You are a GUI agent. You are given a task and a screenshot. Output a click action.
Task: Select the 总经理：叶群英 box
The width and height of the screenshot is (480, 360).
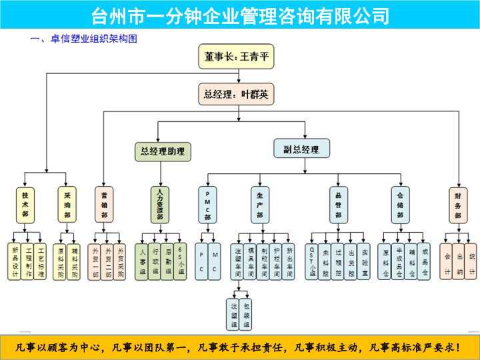point(236,94)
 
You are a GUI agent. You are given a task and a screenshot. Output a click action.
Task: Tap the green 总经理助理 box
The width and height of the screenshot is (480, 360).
point(163,151)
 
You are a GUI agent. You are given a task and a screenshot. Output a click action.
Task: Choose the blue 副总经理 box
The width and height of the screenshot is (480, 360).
point(301,149)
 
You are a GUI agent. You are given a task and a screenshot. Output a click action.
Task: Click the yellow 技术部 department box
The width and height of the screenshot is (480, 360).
point(25,205)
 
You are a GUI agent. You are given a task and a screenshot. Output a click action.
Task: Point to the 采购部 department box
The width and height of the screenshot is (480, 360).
point(67,205)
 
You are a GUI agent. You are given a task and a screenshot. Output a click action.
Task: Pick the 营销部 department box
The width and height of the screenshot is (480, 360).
point(104,205)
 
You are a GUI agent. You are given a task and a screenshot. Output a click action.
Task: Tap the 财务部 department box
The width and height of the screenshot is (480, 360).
point(458,205)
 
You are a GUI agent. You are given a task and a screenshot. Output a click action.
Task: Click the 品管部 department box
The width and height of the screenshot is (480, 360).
point(338,205)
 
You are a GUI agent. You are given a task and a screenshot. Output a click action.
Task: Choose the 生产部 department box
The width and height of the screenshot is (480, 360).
point(259,205)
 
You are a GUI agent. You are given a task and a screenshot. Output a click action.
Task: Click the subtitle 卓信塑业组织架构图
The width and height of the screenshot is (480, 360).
point(93,39)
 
